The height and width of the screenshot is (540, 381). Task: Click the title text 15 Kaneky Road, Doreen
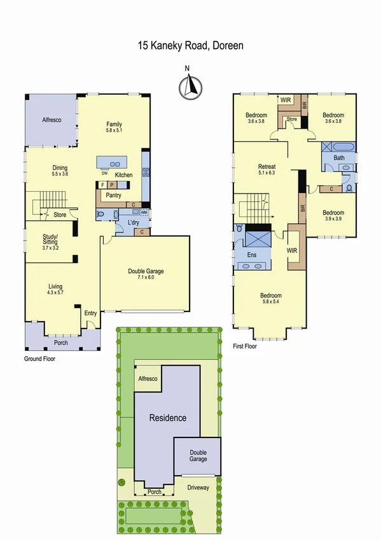tap(190, 46)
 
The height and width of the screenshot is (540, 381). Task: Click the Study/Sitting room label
tap(50, 241)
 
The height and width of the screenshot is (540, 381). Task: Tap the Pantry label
tap(114, 195)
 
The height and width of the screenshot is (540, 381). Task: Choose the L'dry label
tap(134, 223)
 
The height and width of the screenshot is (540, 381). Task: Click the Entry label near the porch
tap(90, 313)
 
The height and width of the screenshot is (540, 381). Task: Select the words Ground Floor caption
tap(39, 359)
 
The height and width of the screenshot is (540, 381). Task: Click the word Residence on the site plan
tap(168, 418)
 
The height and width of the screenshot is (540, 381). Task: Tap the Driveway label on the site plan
tap(198, 488)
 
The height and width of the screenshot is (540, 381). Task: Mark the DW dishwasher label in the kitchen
tap(104, 173)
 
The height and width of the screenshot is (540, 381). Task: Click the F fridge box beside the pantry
tap(102, 185)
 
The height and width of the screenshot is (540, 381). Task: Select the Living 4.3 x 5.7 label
tap(55, 290)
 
